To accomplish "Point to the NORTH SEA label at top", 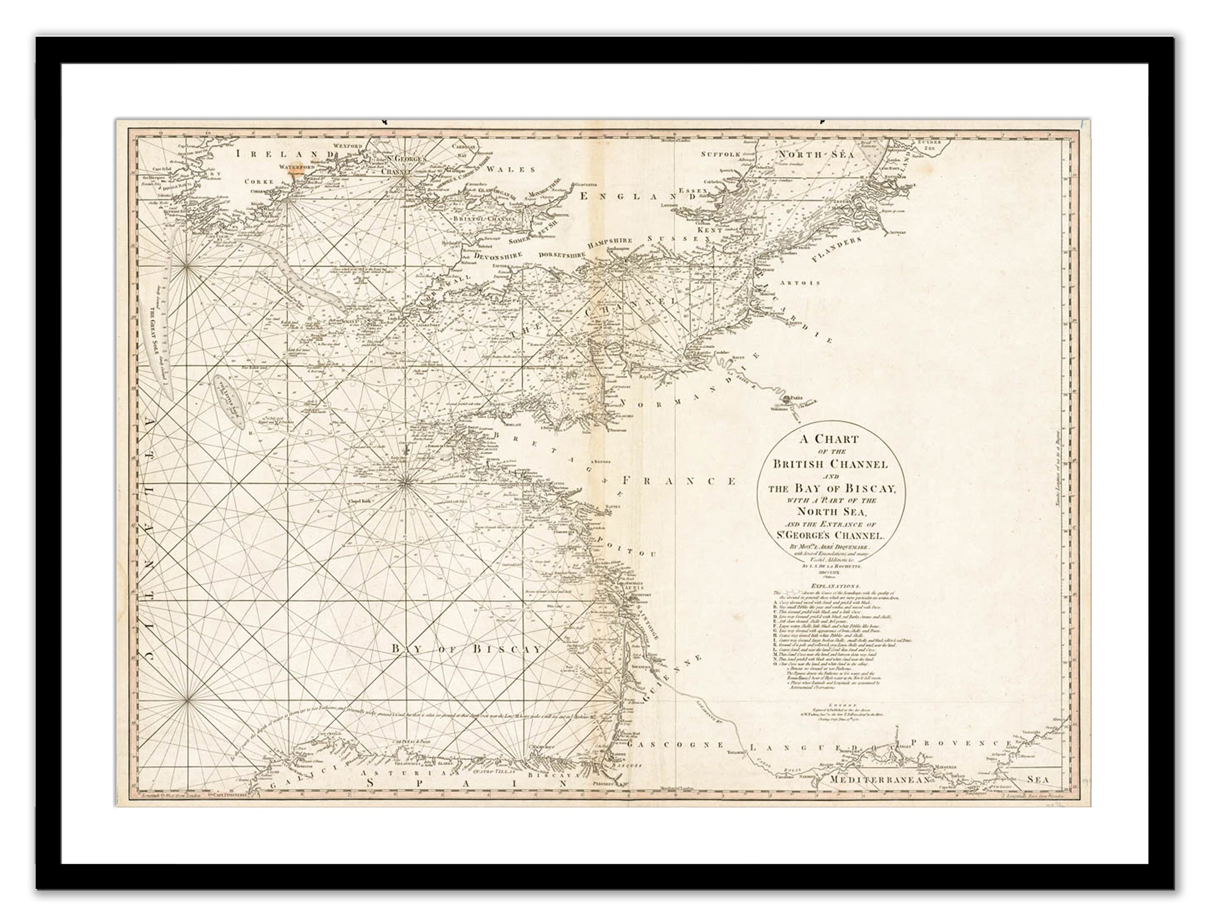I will [816, 155].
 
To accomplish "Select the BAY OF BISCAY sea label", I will [467, 650].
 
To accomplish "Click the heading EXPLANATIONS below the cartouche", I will [831, 587].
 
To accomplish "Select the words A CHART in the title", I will [829, 439].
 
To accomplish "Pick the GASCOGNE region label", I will [675, 744].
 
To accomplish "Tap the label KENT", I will [709, 230].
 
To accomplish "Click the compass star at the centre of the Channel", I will [611, 282].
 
